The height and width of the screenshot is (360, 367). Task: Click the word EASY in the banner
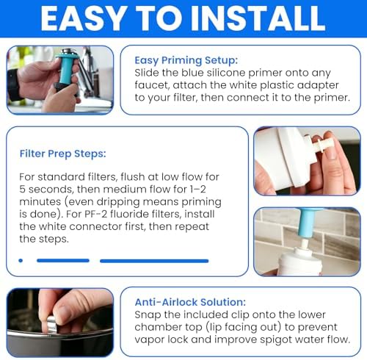pyautogui.click(x=83, y=18)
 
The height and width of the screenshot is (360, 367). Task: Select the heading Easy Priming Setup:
pyautogui.click(x=186, y=60)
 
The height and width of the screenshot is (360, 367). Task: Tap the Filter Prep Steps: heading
pyautogui.click(x=63, y=154)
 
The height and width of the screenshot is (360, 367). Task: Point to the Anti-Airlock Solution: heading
pyautogui.click(x=190, y=302)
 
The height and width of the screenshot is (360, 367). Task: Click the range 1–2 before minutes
pyautogui.click(x=198, y=190)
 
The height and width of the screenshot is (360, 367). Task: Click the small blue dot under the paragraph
pyautogui.click(x=21, y=261)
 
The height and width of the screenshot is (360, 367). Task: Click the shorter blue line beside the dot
pyautogui.click(x=63, y=261)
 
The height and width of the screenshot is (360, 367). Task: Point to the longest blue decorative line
pyautogui.click(x=154, y=261)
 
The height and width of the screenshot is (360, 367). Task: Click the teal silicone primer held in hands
pyautogui.click(x=65, y=68)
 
